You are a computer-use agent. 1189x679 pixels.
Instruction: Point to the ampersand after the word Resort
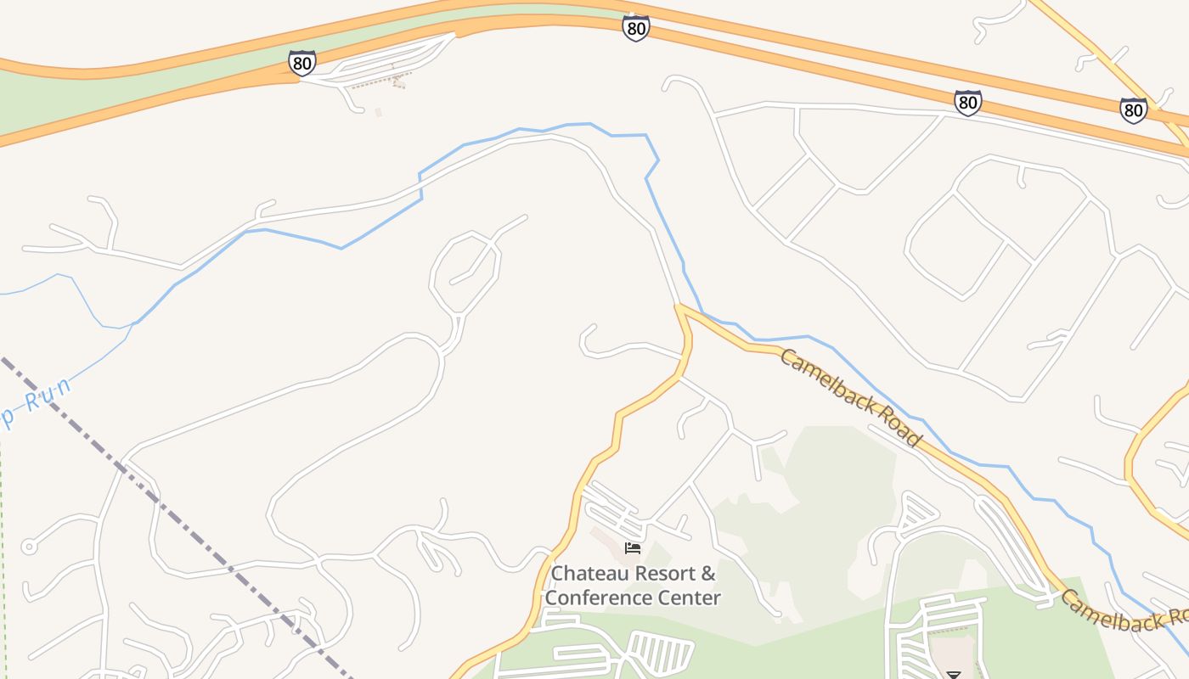click(708, 574)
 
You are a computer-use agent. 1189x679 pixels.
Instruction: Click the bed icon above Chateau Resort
click(632, 548)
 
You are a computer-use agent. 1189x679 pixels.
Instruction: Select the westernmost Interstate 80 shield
click(301, 63)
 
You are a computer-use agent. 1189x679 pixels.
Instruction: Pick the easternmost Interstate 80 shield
click(1133, 110)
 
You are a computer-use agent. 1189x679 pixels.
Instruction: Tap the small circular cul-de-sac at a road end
click(29, 547)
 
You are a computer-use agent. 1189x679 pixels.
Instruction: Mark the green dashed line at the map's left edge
click(3, 552)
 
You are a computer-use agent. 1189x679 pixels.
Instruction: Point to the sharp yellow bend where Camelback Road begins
click(679, 307)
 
